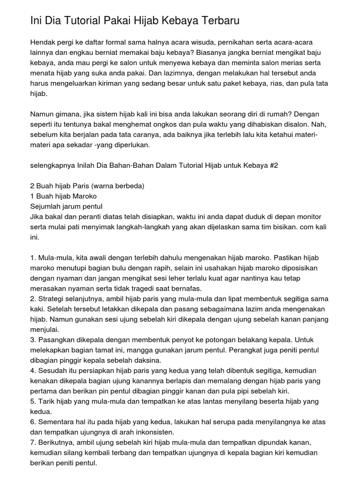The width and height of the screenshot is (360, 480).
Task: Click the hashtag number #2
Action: [x=273, y=165]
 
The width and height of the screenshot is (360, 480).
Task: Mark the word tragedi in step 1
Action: [x=149, y=288]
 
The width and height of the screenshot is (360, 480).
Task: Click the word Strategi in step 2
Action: [x=53, y=299]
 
